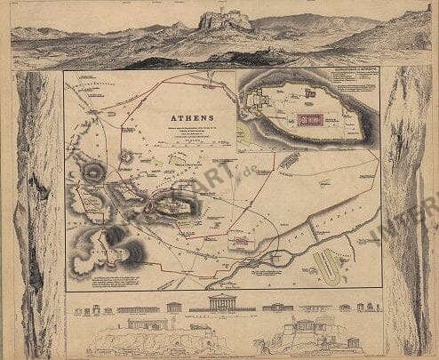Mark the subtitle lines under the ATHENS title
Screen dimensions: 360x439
pos(189,136)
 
